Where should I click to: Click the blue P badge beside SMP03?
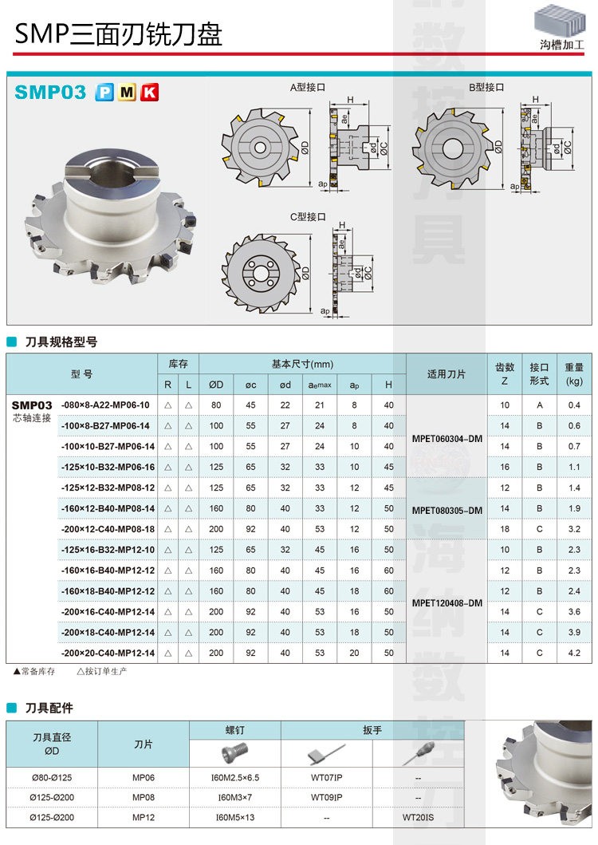[104, 93]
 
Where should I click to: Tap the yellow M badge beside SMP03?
[127, 93]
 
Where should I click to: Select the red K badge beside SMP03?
[149, 93]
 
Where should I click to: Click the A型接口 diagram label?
[308, 87]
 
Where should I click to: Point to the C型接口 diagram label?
[308, 217]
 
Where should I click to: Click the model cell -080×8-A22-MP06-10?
[105, 405]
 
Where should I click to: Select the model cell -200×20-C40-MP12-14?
[108, 653]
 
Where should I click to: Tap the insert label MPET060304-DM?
[447, 439]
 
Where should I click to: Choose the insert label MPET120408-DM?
[447, 603]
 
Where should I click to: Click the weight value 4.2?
[574, 653]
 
